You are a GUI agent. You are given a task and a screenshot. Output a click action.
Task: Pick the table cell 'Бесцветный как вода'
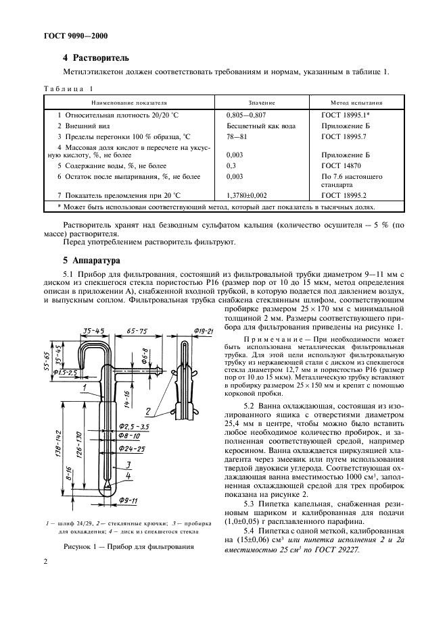[x=261, y=126]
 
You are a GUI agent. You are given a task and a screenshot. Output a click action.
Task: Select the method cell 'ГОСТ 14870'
[x=340, y=165]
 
